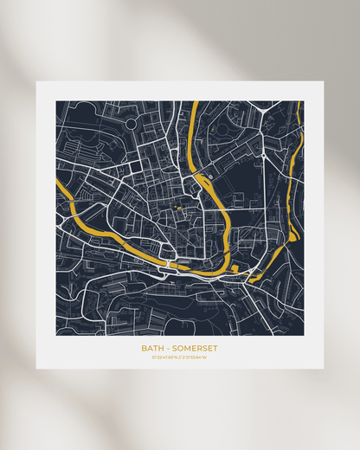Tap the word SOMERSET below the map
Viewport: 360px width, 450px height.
click(195, 349)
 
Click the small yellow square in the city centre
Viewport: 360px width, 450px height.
click(180, 209)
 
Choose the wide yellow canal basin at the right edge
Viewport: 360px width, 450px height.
click(293, 234)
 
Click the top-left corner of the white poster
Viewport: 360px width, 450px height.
click(36, 82)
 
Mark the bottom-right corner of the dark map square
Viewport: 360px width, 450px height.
click(304, 335)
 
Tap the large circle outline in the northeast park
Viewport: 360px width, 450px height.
click(223, 128)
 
